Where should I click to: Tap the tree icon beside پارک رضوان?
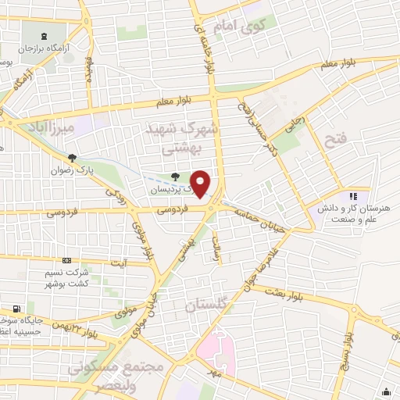pyautogui.click(x=72, y=159)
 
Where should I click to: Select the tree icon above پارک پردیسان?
pyautogui.click(x=174, y=177)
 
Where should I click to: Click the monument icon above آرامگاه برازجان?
pyautogui.click(x=44, y=35)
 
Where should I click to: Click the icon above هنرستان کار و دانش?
pyautogui.click(x=352, y=196)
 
